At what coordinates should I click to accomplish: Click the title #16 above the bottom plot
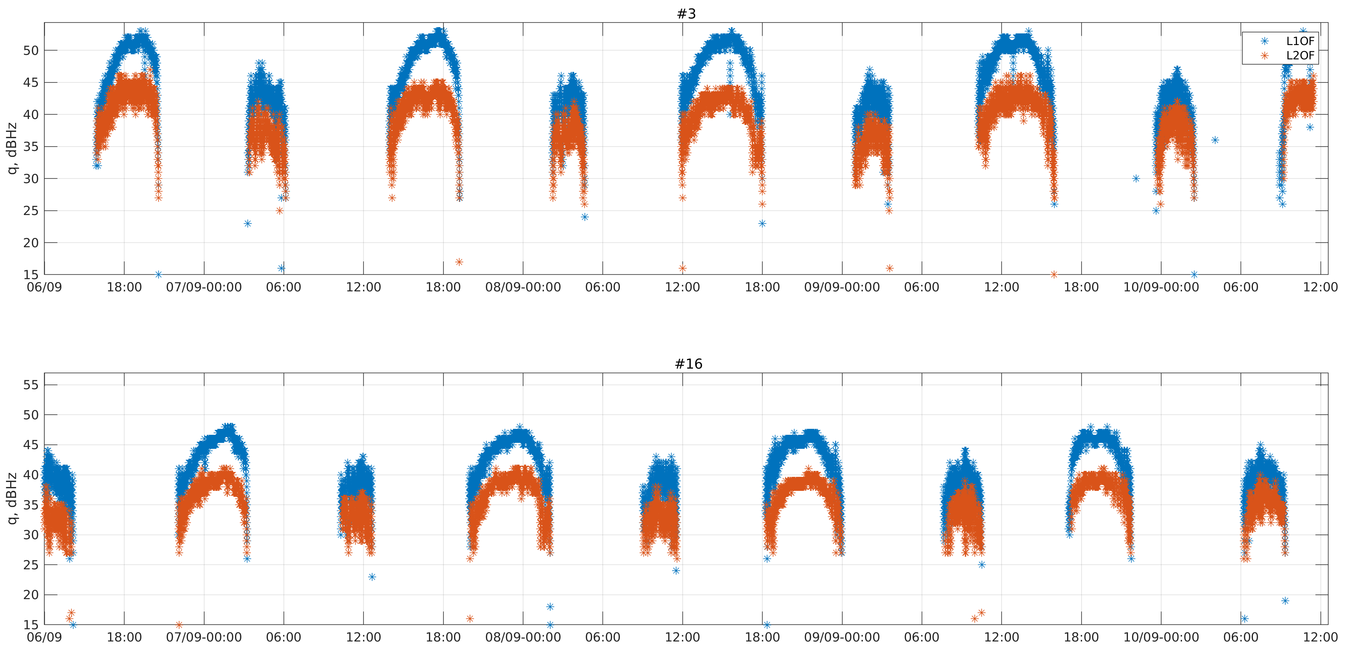click(x=688, y=364)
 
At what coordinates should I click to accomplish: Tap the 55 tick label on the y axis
click(x=31, y=385)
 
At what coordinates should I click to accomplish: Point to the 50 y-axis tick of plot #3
click(x=31, y=51)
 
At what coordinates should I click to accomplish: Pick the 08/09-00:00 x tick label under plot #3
click(x=523, y=287)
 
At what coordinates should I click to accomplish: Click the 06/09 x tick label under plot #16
click(x=44, y=637)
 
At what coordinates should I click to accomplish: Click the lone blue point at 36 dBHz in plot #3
click(x=1215, y=140)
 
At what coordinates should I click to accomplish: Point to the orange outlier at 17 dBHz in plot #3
click(x=459, y=262)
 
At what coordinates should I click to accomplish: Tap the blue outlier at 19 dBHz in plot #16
click(x=1285, y=601)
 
